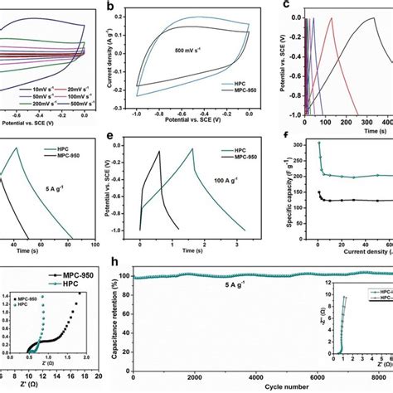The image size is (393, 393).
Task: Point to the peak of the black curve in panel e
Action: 160,151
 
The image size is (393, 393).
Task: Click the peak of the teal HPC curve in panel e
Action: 195,153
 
